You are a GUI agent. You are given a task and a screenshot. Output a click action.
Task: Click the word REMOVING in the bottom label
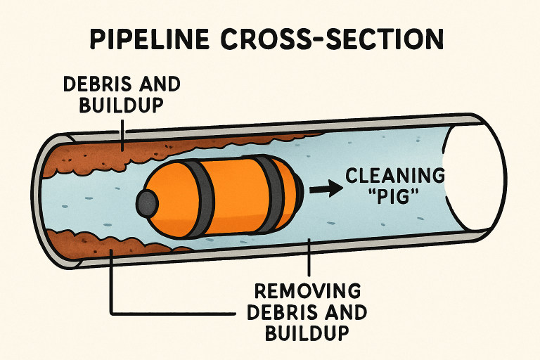tap(310, 291)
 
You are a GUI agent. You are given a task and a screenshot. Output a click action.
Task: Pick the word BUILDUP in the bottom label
tap(307, 332)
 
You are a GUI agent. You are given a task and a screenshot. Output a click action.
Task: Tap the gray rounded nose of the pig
tap(147, 203)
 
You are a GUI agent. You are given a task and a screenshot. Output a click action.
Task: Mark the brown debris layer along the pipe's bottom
tap(105, 239)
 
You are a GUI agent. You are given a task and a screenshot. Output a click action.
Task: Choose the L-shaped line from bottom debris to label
tap(111, 295)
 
